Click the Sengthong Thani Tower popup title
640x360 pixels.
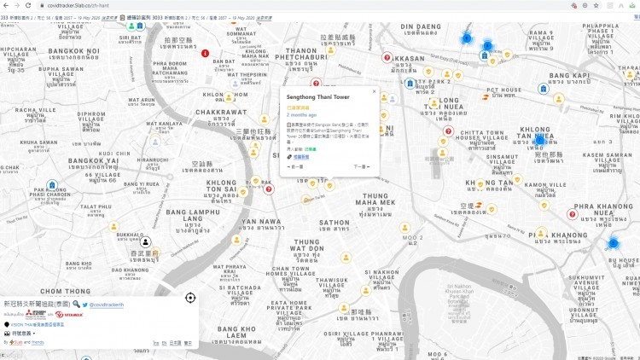[317, 97]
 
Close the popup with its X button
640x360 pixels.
[374, 90]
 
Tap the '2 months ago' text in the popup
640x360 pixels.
[302, 115]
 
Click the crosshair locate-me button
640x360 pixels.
[189, 298]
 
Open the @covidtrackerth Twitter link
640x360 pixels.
[107, 305]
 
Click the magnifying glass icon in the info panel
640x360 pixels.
[76, 304]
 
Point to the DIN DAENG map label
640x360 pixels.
[419, 26]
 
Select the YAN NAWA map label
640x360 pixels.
[261, 222]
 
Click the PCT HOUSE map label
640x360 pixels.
[503, 90]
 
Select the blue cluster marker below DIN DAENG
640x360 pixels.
[467, 38]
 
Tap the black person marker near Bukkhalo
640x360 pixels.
[146, 242]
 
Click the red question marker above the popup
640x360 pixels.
[316, 83]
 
